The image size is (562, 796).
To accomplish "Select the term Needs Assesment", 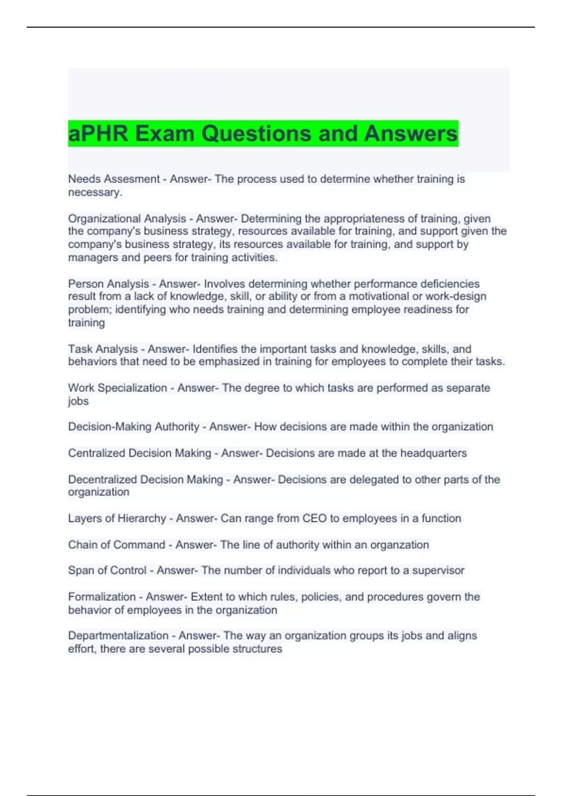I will coord(114,179).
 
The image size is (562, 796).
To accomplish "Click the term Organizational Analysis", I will coord(127,219).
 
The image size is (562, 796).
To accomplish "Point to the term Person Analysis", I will coord(108,284).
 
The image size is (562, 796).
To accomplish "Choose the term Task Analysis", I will coord(103,349).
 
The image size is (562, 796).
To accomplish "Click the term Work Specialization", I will coord(117,388).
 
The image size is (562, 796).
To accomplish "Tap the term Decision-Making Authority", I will coord(133,427).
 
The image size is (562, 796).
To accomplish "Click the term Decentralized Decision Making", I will coord(145,479).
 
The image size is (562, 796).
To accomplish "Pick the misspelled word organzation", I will coord(399,545).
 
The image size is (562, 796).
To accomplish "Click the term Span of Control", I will coord(107,570).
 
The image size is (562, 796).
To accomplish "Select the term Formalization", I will coord(102,597).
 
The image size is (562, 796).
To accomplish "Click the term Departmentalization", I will coord(118,635).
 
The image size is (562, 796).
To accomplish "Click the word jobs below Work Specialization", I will coord(78,401).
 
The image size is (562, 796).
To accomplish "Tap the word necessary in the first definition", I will coord(95,192).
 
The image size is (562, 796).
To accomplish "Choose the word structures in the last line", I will coord(259,649).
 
